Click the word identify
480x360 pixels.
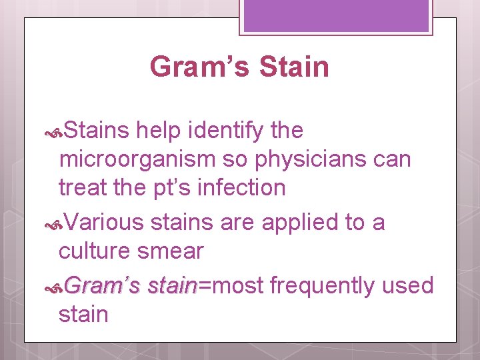coord(221,131)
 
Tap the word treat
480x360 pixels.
coord(85,188)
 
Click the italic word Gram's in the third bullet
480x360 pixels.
coord(103,285)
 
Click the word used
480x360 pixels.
coord(408,285)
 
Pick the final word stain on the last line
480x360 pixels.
coord(83,314)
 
